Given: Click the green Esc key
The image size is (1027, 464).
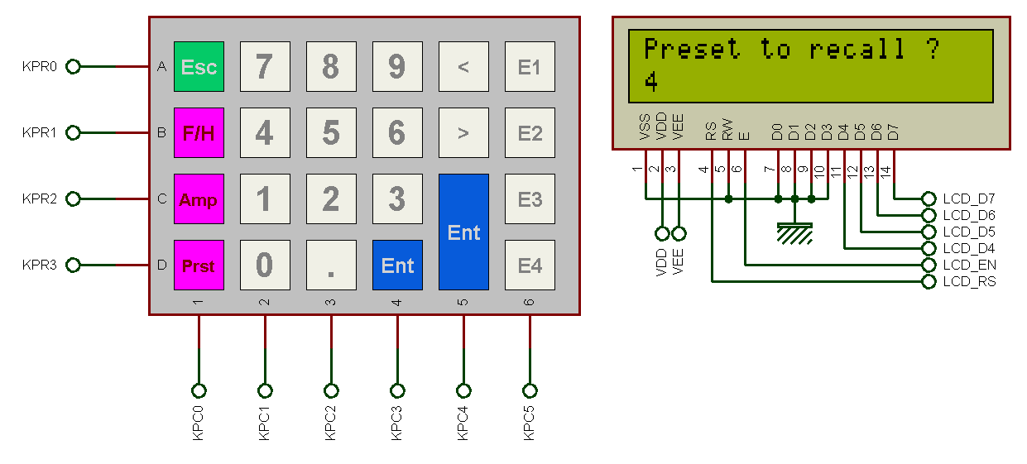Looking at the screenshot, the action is tap(199, 67).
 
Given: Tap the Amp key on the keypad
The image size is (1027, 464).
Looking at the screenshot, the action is tap(199, 199).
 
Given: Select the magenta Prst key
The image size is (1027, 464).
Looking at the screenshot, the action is tap(199, 265).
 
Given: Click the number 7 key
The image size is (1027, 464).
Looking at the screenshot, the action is tap(265, 67).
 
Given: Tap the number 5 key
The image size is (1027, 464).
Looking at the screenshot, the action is tap(331, 133).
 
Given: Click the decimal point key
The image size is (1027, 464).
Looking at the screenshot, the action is tap(331, 265).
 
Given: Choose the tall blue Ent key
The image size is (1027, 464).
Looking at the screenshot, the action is tap(463, 232).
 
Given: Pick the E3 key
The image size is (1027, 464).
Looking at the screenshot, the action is tap(530, 199).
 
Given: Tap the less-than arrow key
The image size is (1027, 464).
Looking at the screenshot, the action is tap(463, 67).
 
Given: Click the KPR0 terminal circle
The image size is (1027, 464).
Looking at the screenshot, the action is tap(73, 67).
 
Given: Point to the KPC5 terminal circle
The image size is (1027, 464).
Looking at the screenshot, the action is tap(530, 390).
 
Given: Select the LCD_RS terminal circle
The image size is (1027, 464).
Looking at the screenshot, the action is tap(929, 282).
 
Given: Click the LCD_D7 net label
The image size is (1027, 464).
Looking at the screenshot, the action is tap(969, 199).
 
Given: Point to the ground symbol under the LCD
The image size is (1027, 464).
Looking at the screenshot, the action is tap(794, 233).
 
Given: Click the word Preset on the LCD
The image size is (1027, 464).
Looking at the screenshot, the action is tap(692, 49).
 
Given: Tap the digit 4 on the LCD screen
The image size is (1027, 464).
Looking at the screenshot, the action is tap(651, 82).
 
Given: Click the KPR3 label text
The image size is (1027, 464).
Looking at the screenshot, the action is tap(40, 265).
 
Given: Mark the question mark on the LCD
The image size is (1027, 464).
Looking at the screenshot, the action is tap(933, 49).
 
